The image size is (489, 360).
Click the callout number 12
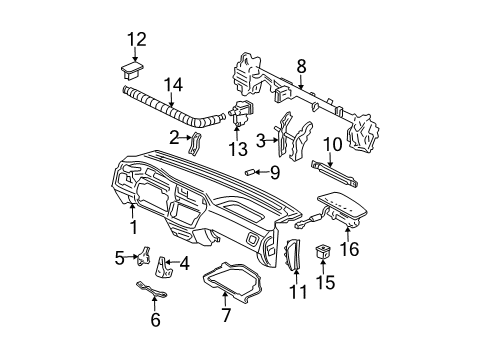135,39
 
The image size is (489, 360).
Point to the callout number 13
236,149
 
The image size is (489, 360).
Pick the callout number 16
351,252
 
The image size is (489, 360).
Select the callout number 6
154,319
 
